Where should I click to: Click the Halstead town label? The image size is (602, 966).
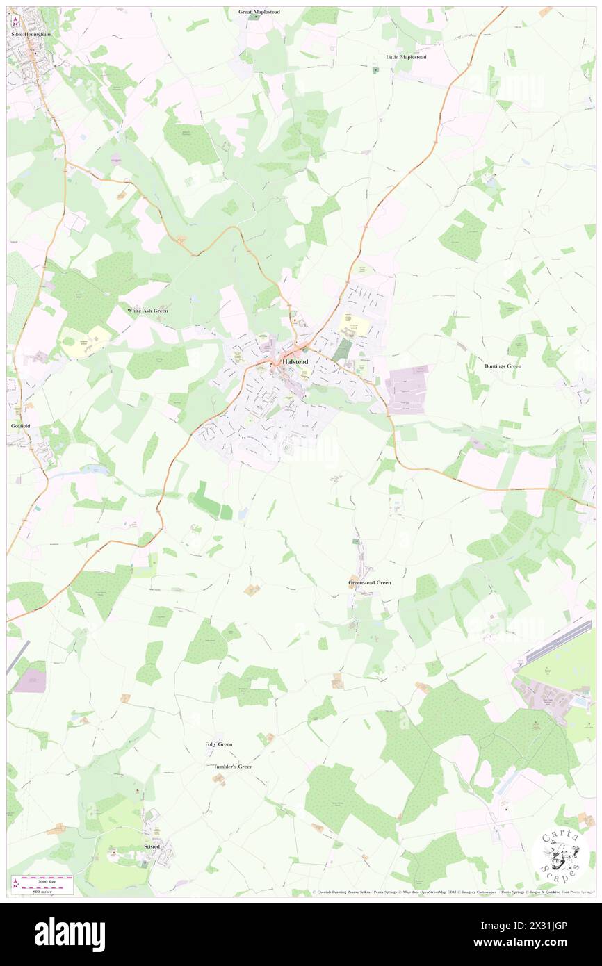point(295,362)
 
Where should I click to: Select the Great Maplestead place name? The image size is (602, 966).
point(259,12)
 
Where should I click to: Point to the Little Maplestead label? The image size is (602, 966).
point(406,57)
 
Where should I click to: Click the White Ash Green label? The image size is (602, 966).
point(147,311)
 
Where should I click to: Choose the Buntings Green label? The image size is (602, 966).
point(503,366)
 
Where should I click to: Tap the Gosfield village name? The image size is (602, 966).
point(17,424)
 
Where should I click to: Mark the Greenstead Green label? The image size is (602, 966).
point(369,582)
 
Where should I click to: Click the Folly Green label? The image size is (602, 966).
point(218,744)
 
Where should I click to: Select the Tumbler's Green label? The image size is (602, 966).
point(233,767)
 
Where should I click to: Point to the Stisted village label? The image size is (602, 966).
point(152,847)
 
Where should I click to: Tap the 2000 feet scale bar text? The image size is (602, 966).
point(47,880)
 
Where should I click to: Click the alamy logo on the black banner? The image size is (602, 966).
point(70,934)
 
